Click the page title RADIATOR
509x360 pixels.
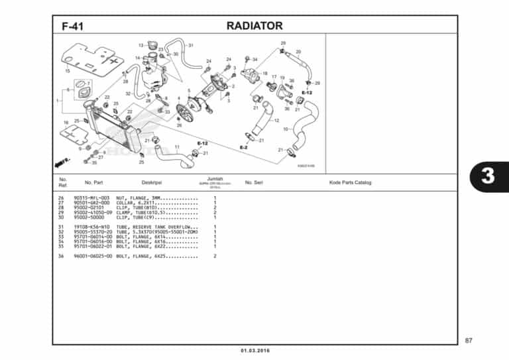tap(254, 26)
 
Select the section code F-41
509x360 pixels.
tap(72, 27)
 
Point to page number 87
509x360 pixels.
tap(469, 340)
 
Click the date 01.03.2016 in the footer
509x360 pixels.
tap(254, 350)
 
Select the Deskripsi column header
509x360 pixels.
tap(152, 182)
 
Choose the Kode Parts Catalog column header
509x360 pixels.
tap(350, 182)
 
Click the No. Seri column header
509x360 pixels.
tap(254, 182)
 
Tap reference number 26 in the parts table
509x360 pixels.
tap(61, 198)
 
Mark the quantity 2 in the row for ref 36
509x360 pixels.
tap(215, 256)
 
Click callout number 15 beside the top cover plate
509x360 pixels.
tap(68, 70)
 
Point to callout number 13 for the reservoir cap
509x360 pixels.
tap(141, 45)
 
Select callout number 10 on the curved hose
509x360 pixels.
tap(285, 129)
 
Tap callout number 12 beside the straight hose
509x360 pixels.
tap(276, 121)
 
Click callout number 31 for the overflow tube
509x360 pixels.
tap(190, 45)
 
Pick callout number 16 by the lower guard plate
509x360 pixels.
tap(66, 123)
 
